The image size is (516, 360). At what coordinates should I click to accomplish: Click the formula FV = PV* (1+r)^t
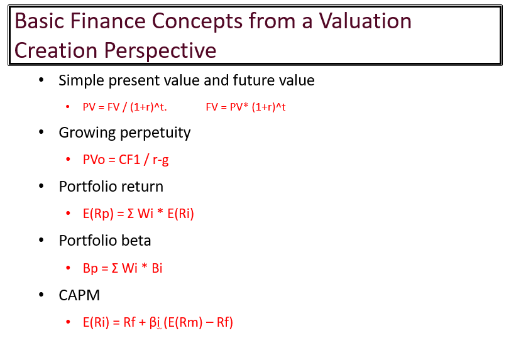pyautogui.click(x=246, y=107)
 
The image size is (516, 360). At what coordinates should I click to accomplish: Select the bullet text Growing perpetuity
pyautogui.click(x=124, y=133)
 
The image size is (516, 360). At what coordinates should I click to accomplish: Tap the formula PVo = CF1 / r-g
pyautogui.click(x=126, y=160)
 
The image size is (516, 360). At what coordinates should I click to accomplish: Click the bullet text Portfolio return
pyautogui.click(x=111, y=187)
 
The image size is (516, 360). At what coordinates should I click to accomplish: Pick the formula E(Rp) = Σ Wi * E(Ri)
pyautogui.click(x=138, y=214)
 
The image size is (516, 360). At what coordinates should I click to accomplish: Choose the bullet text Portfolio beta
pyautogui.click(x=105, y=241)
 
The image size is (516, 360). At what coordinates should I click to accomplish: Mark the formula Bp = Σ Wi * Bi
pyautogui.click(x=123, y=268)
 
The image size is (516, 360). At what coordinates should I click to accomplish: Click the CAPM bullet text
pyautogui.click(x=79, y=295)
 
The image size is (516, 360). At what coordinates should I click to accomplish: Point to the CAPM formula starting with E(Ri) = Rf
pyautogui.click(x=158, y=323)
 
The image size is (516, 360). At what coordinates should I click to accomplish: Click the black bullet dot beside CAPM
pyautogui.click(x=41, y=295)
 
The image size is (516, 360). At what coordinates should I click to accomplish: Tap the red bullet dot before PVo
pyautogui.click(x=67, y=160)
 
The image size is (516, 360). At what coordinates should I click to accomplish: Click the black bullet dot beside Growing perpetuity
pyautogui.click(x=41, y=133)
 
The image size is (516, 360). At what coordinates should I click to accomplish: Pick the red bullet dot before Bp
pyautogui.click(x=67, y=268)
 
